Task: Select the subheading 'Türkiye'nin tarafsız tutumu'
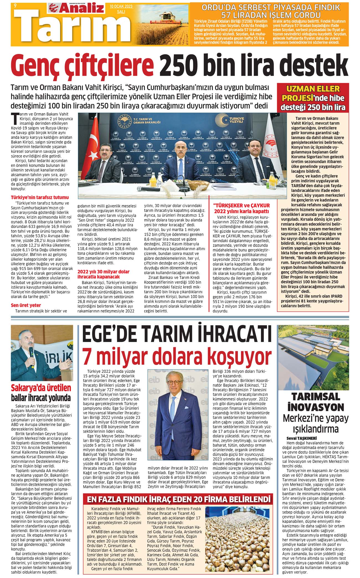(x=40, y=198)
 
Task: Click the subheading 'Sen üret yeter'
(x=26, y=305)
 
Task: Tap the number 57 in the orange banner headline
(x=236, y=14)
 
